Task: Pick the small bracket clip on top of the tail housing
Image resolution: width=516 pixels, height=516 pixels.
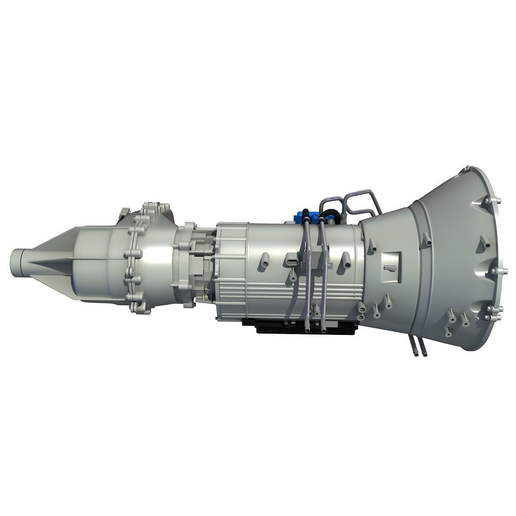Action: point(125,212)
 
